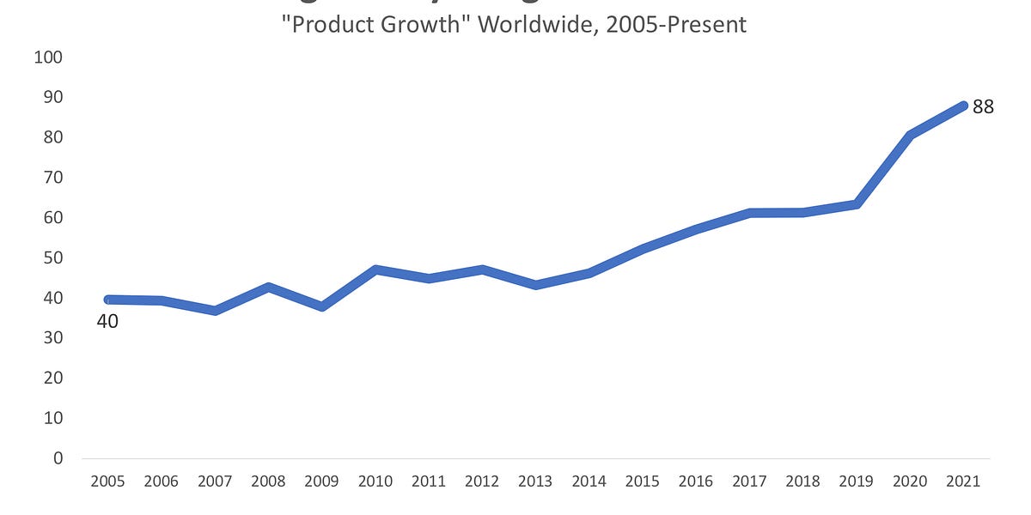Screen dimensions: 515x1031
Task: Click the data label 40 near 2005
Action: point(107,322)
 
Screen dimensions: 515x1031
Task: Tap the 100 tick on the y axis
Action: point(49,58)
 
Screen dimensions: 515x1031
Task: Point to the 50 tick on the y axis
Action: point(52,257)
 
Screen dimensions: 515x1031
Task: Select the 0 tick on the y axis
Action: point(58,458)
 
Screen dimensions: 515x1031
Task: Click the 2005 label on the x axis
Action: point(107,482)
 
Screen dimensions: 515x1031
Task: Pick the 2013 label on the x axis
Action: point(535,482)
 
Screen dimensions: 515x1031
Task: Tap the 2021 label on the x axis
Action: point(963,482)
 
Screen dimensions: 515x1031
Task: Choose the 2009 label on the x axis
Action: point(321,482)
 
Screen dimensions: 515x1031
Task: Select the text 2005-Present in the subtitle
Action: point(676,24)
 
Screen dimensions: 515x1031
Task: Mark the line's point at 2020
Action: point(910,135)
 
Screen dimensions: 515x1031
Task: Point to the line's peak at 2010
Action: point(375,270)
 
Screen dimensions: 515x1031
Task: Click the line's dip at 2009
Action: point(321,306)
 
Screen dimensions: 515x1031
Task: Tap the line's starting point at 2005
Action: point(107,300)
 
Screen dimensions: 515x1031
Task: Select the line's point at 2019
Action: point(857,204)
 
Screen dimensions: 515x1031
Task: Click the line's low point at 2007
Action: point(215,310)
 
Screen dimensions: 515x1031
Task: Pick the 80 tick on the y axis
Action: point(52,137)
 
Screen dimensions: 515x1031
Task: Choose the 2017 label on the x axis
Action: point(749,482)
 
